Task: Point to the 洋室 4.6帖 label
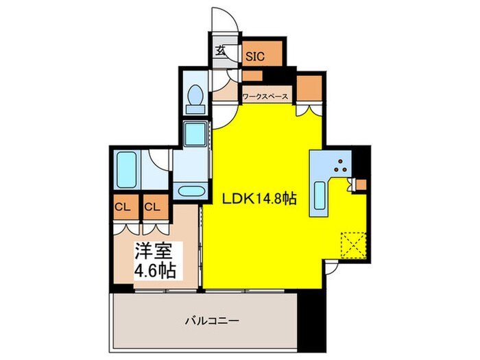click(x=154, y=260)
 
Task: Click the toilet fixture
click(x=194, y=99)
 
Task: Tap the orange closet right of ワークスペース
click(x=309, y=87)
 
